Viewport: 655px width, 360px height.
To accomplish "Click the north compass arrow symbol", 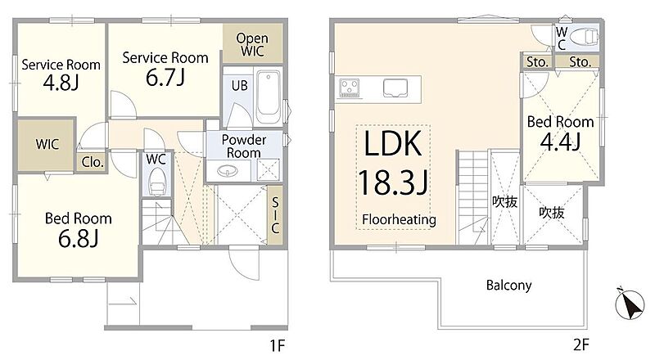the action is [x=630, y=304].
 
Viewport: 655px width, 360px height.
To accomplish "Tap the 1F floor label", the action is [x=277, y=345].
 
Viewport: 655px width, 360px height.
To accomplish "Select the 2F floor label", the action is [x=580, y=345].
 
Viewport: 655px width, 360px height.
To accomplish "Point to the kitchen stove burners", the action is [x=350, y=88].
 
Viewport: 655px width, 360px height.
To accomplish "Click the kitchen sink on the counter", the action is [x=395, y=88].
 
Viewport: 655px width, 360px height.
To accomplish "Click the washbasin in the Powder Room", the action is [x=227, y=170].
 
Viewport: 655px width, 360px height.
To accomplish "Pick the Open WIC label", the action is [x=252, y=45].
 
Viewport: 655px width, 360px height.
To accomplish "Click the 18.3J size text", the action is [x=393, y=182].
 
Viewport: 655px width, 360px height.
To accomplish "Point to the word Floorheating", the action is [x=399, y=219].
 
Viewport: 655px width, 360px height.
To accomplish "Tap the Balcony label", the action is [x=508, y=286].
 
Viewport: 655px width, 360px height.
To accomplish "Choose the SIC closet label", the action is [x=275, y=215].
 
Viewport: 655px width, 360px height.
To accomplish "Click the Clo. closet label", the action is [x=93, y=162].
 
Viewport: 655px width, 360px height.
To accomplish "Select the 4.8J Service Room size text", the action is [x=61, y=83].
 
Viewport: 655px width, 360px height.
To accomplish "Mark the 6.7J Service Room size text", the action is [x=165, y=77].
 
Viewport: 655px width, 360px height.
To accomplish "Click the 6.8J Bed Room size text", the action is [x=78, y=238].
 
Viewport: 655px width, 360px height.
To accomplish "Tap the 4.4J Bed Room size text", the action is [x=560, y=142].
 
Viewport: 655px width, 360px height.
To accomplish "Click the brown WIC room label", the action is [x=47, y=145].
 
